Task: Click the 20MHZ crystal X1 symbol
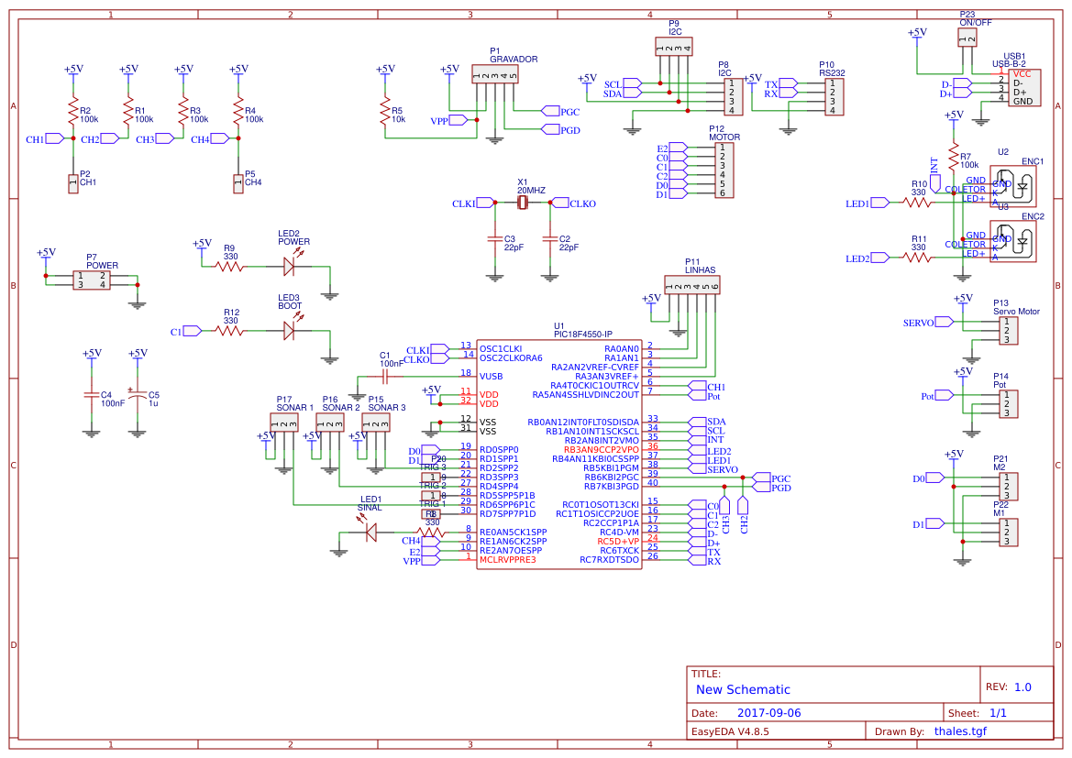pyautogui.click(x=523, y=203)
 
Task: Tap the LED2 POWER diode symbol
pyautogui.click(x=289, y=266)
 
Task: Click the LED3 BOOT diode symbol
pyautogui.click(x=289, y=330)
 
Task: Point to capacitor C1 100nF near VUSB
pyautogui.click(x=385, y=375)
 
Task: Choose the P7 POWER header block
pyautogui.click(x=91, y=280)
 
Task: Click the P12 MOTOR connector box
pyautogui.click(x=723, y=170)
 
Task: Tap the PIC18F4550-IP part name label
pyautogui.click(x=582, y=335)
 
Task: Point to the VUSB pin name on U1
pyautogui.click(x=492, y=375)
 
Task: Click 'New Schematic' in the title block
pyautogui.click(x=743, y=689)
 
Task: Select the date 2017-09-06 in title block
pyautogui.click(x=768, y=712)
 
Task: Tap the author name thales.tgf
pyautogui.click(x=960, y=731)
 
